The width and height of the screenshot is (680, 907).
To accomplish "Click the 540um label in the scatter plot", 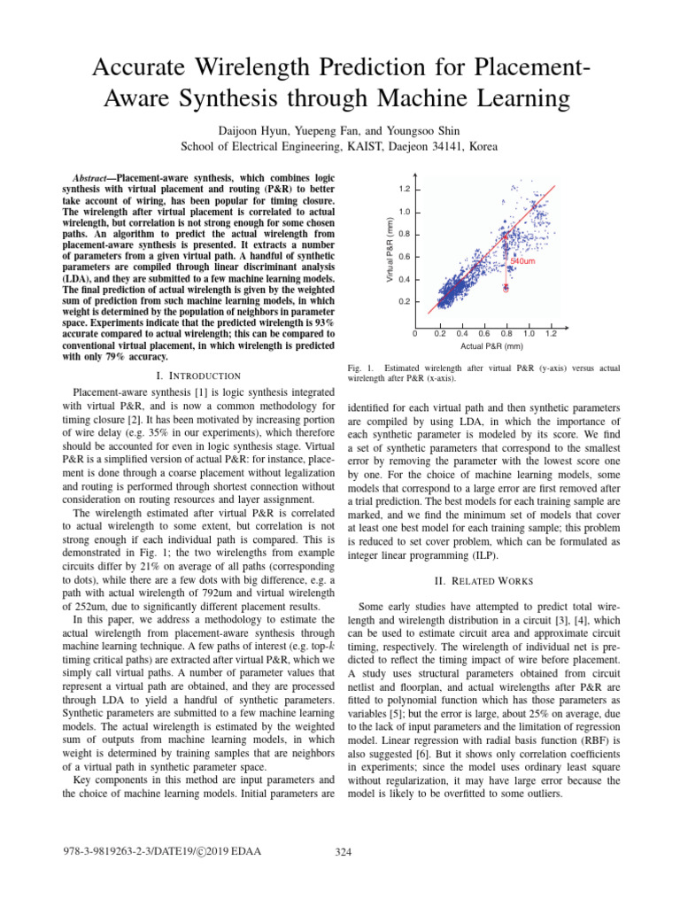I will (x=522, y=262).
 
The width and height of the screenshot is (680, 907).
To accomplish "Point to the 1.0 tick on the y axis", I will (x=404, y=212).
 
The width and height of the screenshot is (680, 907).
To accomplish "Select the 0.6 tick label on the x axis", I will (x=484, y=333).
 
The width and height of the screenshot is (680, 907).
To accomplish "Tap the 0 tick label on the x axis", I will (x=416, y=333).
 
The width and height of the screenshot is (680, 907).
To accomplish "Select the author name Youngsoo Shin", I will (x=413, y=130).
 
